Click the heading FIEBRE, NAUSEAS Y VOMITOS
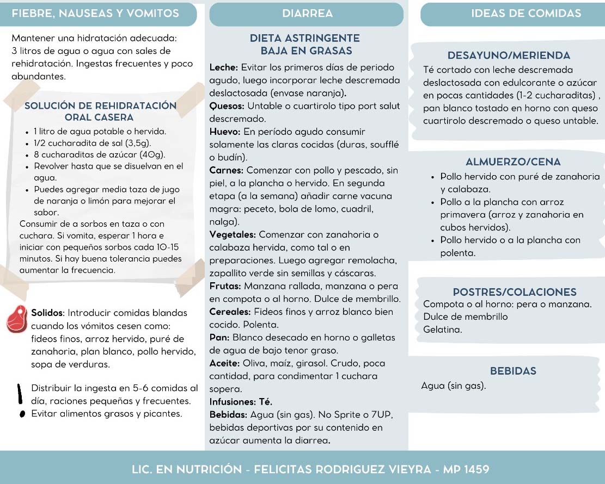click(x=95, y=14)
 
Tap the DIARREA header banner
click(x=308, y=14)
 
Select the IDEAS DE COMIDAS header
click(x=526, y=14)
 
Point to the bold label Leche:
click(x=224, y=68)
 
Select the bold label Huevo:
click(x=225, y=132)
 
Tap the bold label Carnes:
click(x=227, y=170)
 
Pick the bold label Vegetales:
click(x=233, y=235)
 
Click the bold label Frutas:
click(x=225, y=286)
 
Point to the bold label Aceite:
click(x=225, y=363)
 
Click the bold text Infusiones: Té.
click(x=241, y=402)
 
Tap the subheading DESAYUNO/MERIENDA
click(x=509, y=55)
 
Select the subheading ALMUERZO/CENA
click(x=513, y=162)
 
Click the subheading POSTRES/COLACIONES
click(x=515, y=292)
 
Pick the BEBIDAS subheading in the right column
click(x=513, y=371)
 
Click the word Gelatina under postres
click(x=442, y=330)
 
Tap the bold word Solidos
click(x=48, y=313)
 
